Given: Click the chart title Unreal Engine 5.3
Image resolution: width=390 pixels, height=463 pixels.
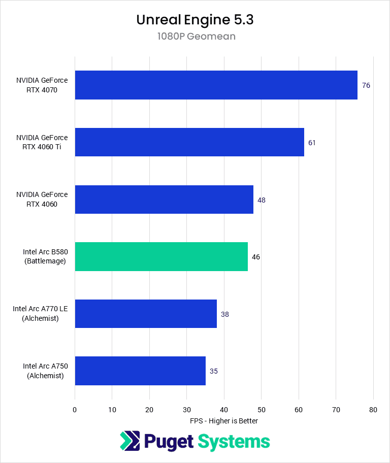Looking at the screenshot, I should pyautogui.click(x=195, y=20).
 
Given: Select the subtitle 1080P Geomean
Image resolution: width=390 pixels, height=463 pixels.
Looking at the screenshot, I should pyautogui.click(x=195, y=37).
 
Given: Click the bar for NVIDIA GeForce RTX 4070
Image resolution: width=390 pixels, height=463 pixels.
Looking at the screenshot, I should pyautogui.click(x=216, y=85).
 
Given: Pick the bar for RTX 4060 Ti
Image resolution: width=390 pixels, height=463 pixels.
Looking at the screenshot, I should pyautogui.click(x=189, y=142).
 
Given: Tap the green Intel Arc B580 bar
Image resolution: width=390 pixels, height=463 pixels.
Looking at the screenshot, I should pyautogui.click(x=161, y=256).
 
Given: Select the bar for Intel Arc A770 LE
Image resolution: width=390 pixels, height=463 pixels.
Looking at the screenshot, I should pyautogui.click(x=146, y=314).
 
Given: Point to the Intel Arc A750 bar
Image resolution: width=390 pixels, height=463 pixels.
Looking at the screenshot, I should pyautogui.click(x=140, y=371).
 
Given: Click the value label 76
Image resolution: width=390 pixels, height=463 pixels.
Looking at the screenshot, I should pyautogui.click(x=366, y=85).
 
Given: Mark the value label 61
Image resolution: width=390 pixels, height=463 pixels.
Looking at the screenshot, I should pyautogui.click(x=312, y=143).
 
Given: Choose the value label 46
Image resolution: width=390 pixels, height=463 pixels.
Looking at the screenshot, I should pyautogui.click(x=256, y=257).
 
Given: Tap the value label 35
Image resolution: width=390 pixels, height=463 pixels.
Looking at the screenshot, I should pyautogui.click(x=214, y=371).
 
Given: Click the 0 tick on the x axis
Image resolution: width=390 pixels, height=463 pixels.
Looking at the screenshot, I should pyautogui.click(x=75, y=410).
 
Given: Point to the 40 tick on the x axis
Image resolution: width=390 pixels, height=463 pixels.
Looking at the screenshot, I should pyautogui.click(x=224, y=410).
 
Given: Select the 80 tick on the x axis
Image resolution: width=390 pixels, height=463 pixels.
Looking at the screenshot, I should pyautogui.click(x=373, y=410).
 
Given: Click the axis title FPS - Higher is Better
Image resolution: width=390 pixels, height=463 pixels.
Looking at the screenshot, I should pyautogui.click(x=224, y=421).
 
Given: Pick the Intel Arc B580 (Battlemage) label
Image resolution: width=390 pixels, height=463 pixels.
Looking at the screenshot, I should pyautogui.click(x=45, y=256).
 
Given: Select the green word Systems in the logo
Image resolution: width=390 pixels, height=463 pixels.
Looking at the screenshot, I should pyautogui.click(x=234, y=441).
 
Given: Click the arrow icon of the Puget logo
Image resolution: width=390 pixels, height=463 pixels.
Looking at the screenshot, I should pyautogui.click(x=130, y=441).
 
